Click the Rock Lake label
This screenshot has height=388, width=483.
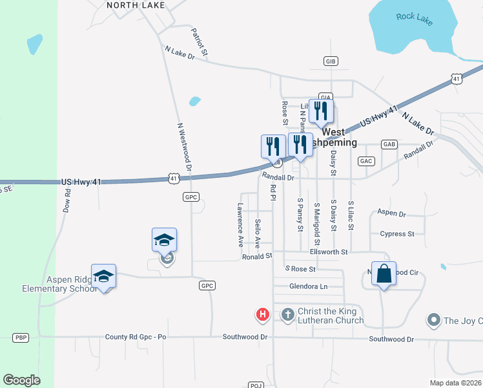click(x=415, y=17)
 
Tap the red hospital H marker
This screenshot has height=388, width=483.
click(x=263, y=315)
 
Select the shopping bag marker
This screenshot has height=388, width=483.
click(x=384, y=274)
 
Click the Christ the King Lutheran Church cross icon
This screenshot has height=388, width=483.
click(x=288, y=315)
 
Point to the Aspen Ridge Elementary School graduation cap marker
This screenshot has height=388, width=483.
click(x=103, y=277)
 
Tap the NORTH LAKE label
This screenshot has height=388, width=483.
click(x=136, y=5)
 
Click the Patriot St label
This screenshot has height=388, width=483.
click(x=200, y=40)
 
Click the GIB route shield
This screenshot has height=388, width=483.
click(x=331, y=61)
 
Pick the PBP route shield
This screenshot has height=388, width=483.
click(x=21, y=338)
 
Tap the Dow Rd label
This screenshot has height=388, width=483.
click(x=67, y=201)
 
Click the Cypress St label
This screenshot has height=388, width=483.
click(x=397, y=233)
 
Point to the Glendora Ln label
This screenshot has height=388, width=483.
click(x=308, y=286)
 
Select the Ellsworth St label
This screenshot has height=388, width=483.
click(x=329, y=252)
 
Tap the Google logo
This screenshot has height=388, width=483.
click(x=21, y=380)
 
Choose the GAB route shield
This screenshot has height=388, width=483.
click(x=389, y=144)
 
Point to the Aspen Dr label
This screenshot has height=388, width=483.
click(x=391, y=213)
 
